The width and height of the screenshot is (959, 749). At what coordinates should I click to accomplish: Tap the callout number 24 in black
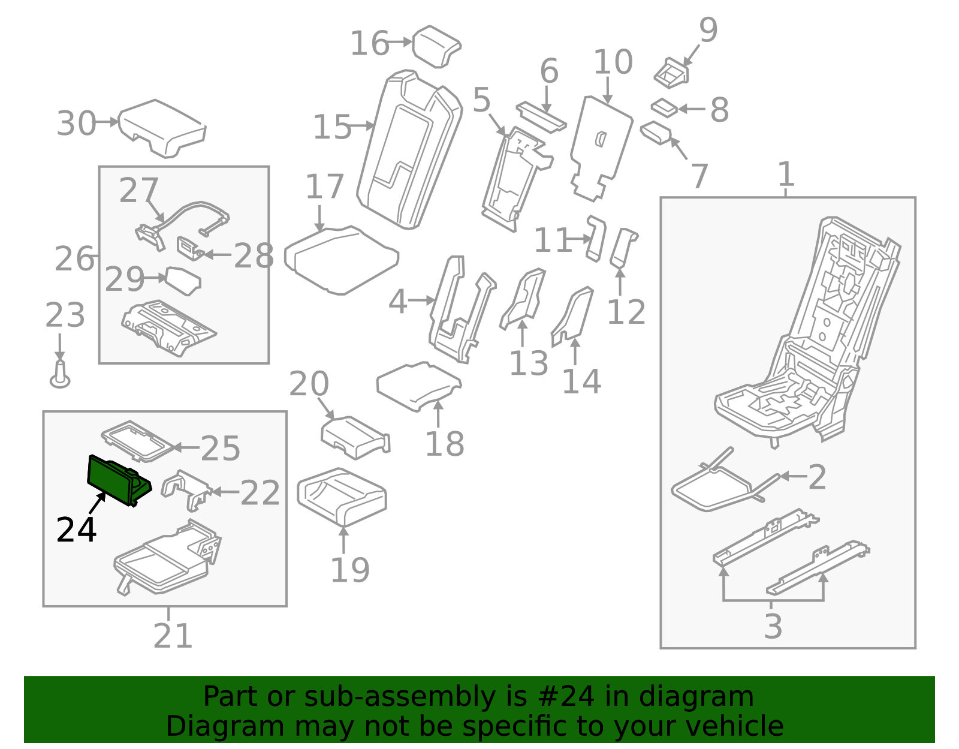pos(76,530)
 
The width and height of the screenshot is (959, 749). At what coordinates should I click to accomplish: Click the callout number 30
pos(76,124)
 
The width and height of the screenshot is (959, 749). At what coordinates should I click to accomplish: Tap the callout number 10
pos(613,62)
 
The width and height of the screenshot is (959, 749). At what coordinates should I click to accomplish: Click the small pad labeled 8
pos(664,108)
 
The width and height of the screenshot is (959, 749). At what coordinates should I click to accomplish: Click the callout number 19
pos(350,570)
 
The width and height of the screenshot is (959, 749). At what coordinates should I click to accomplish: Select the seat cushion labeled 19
pos(342,495)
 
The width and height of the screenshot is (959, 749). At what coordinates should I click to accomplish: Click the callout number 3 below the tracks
pos(773,626)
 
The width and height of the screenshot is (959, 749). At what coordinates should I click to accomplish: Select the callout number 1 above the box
pos(786,175)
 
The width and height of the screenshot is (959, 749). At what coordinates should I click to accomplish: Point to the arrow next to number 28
pos(217,255)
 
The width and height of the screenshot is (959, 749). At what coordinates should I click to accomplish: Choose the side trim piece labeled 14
pos(572,315)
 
